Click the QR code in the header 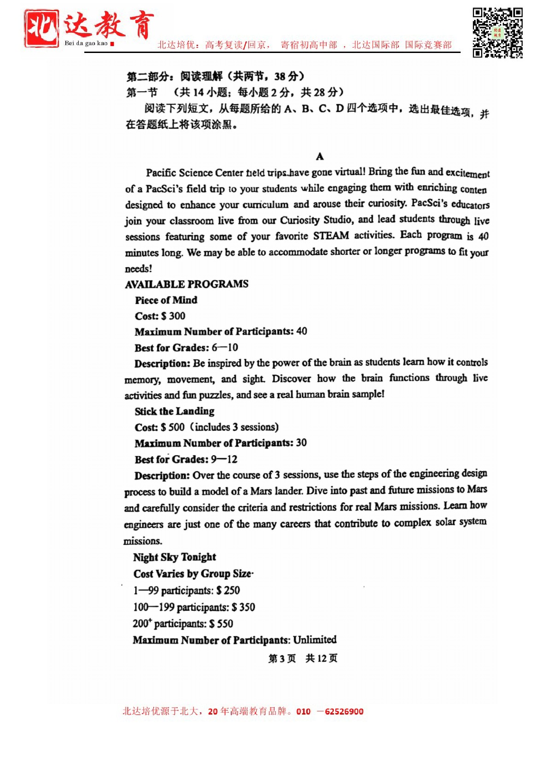pos(497,32)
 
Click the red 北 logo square pos(41,29)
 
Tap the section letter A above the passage pos(320,157)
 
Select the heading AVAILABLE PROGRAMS pos(187,284)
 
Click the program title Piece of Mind pos(166,300)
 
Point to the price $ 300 pos(173,316)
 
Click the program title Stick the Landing pos(175,411)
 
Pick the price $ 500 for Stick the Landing pos(173,427)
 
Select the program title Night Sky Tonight pos(175,557)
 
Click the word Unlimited pos(315,639)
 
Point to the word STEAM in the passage pos(331,235)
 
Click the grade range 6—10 pos(225,347)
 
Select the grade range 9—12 pos(224,459)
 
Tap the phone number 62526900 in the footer pos(344,711)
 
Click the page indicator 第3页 pos(282,658)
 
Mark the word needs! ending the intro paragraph pos(138,269)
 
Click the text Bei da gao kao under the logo pos(86,43)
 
